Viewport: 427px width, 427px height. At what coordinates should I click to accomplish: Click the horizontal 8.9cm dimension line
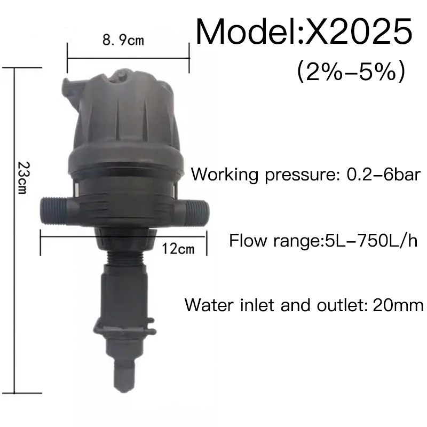[x=128, y=53]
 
